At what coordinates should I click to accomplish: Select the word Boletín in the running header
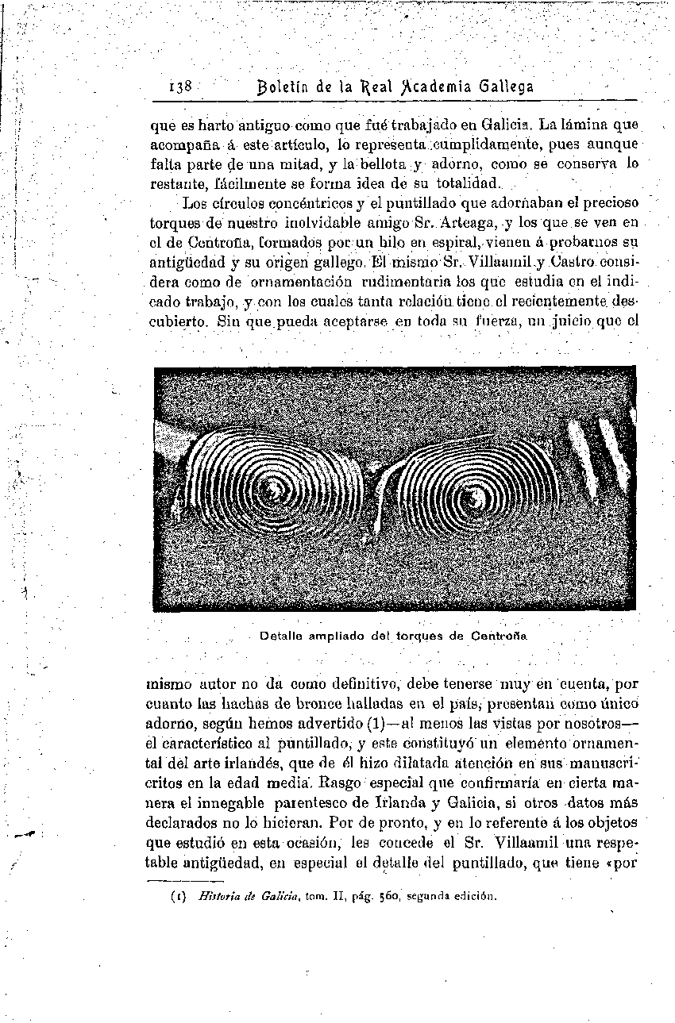286,86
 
